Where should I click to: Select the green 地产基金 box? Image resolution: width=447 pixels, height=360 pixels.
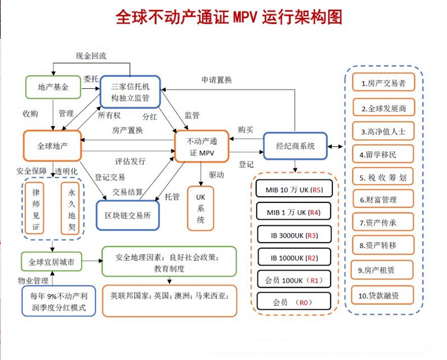53,87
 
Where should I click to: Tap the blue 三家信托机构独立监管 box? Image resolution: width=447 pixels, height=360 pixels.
130,92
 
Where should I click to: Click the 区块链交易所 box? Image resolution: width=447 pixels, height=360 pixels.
128,216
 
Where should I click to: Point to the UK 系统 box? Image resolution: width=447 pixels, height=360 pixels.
200,209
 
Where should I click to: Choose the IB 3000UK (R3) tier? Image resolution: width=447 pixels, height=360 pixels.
295,234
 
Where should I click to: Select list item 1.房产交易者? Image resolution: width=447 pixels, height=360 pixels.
383,83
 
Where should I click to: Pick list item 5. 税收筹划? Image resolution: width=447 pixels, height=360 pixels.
383,177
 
